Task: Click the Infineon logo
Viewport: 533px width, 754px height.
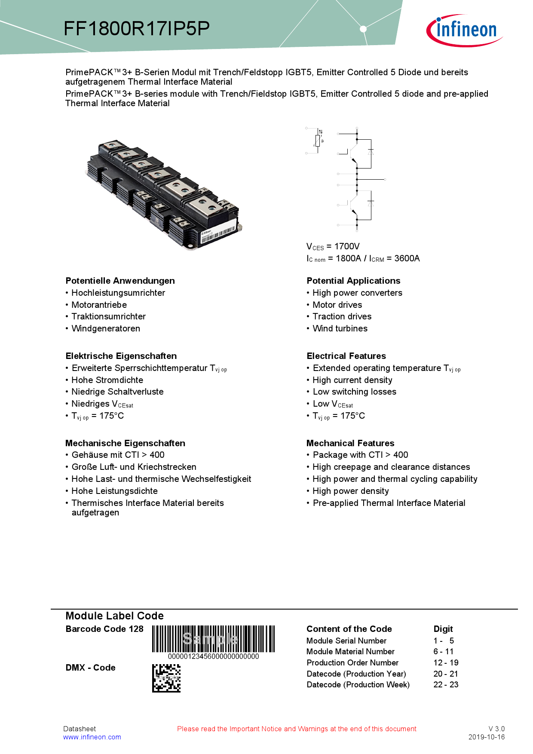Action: coord(465,30)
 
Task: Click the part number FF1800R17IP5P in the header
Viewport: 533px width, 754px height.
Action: coord(137,29)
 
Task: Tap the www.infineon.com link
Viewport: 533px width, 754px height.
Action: coord(92,737)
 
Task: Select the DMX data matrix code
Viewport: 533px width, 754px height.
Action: coord(166,678)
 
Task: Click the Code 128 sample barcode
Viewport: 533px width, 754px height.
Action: coord(213,639)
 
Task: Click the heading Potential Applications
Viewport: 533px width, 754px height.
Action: coord(353,281)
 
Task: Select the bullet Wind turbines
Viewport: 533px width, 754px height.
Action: coord(340,328)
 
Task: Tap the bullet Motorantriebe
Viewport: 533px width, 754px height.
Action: coord(99,305)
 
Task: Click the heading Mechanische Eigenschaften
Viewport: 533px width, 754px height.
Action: coord(125,443)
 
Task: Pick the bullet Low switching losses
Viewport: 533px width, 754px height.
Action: coord(354,392)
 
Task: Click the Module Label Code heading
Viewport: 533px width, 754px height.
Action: coord(114,616)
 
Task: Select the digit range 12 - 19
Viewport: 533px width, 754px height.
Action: coord(446,662)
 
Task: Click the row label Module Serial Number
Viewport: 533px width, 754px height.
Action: coord(346,641)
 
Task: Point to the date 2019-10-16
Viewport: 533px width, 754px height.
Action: coord(486,737)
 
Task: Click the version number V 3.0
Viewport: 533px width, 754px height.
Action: coord(496,729)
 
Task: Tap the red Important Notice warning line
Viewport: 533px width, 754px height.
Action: coord(297,729)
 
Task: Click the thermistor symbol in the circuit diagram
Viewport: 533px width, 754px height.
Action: coord(318,140)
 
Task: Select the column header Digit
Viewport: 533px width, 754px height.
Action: coord(443,629)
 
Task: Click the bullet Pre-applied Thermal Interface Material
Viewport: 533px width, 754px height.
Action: coord(389,503)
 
